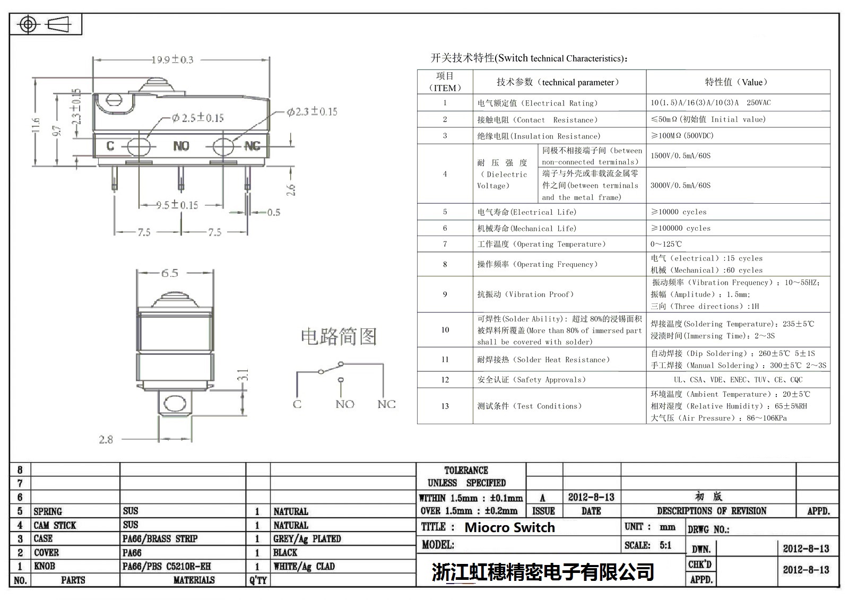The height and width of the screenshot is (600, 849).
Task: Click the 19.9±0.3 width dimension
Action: pos(172,59)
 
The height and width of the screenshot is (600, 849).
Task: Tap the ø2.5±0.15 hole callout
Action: pos(197,118)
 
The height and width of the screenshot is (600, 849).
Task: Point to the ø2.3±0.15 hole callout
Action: pos(312,111)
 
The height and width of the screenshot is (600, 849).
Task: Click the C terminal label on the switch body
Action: pos(110,146)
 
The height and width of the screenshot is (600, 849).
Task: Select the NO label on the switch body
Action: pos(181,146)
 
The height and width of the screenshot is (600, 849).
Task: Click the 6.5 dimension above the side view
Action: pos(170,273)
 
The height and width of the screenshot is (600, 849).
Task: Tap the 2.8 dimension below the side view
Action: pos(106,439)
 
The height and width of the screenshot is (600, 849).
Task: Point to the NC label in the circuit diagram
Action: pos(386,404)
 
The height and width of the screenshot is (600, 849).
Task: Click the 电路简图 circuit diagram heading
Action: pos(339,336)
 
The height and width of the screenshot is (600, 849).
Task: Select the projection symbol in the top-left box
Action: pos(46,25)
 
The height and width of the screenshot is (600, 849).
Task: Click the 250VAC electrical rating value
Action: pos(758,102)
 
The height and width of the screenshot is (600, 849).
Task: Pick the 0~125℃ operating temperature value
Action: pos(666,244)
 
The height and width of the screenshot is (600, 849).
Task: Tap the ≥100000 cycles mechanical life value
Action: pos(680,228)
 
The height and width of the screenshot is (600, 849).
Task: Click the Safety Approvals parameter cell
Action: pos(531,380)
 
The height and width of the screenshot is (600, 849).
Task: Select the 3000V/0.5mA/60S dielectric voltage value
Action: pos(680,185)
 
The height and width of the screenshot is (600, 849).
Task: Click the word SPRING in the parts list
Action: pos(48,511)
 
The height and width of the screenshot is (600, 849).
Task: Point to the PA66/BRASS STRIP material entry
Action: pos(160,538)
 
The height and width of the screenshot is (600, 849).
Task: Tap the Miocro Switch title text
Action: pos(509,527)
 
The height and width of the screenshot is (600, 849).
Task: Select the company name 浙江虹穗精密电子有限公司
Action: pos(542,572)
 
